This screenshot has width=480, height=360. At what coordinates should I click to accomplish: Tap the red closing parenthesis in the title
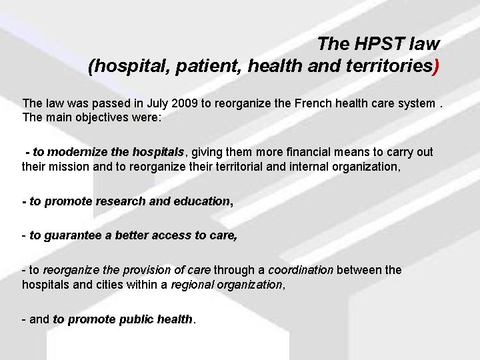click(436, 67)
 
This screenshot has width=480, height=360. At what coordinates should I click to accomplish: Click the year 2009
click(187, 103)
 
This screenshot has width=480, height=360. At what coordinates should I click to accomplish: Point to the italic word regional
click(192, 284)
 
